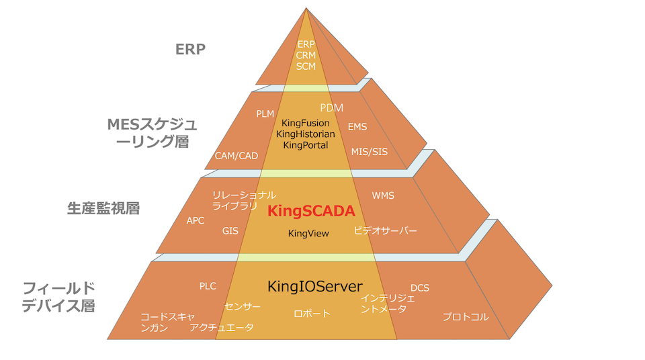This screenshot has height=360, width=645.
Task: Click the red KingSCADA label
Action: point(311,211)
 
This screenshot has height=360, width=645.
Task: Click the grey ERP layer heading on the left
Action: point(190,49)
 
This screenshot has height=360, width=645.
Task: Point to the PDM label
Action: point(331,107)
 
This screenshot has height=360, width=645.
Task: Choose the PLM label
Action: point(265,114)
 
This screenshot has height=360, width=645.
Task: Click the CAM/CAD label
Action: point(236,156)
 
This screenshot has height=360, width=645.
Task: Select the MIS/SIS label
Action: point(370,152)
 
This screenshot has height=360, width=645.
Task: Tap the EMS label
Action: point(357,126)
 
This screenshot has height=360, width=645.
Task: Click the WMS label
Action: point(383,195)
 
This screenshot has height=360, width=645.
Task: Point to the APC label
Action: point(196,220)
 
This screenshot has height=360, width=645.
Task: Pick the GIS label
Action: point(230,231)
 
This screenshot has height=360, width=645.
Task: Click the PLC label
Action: point(208,286)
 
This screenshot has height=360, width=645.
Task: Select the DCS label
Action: point(420,287)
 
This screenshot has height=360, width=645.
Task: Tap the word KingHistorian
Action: point(306,134)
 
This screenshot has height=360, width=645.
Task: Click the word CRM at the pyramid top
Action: point(306,56)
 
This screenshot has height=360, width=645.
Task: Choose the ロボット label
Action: point(312,314)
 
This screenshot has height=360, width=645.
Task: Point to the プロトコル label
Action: point(466,317)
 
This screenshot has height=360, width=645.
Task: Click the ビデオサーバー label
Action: point(386,231)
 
